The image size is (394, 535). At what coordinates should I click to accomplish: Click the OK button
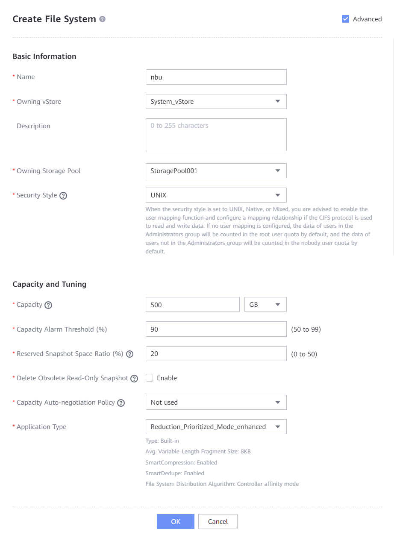coord(175,521)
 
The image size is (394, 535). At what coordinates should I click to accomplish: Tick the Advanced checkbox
coord(346,19)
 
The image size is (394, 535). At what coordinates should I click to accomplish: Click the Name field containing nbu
coord(216,77)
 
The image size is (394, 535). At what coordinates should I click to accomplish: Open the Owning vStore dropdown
coord(216,102)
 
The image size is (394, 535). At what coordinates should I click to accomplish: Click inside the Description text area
coord(216,135)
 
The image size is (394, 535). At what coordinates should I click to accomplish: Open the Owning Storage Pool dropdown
coord(216,171)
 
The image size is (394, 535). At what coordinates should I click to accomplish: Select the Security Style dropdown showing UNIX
coord(216,195)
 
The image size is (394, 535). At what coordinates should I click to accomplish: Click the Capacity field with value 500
coord(192,305)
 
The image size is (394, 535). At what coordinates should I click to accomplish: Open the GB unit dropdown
coord(265,305)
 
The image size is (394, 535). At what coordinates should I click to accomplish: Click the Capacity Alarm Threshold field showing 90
coord(216,329)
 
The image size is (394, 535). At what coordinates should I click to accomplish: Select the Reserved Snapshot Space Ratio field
coord(216,354)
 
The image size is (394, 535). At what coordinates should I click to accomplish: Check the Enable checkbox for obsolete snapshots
coord(150,378)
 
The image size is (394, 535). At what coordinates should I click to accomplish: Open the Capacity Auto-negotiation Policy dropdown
coord(216,403)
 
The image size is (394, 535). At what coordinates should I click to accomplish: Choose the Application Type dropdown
coord(216,427)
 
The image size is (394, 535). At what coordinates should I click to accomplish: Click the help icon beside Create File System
coord(102,19)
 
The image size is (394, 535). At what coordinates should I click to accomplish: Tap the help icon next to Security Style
coord(63,196)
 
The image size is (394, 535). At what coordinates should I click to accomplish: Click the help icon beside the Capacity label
coord(48,305)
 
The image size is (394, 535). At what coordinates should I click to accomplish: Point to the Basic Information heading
coord(44,56)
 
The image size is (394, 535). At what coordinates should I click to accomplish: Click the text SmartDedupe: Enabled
coord(175,473)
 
